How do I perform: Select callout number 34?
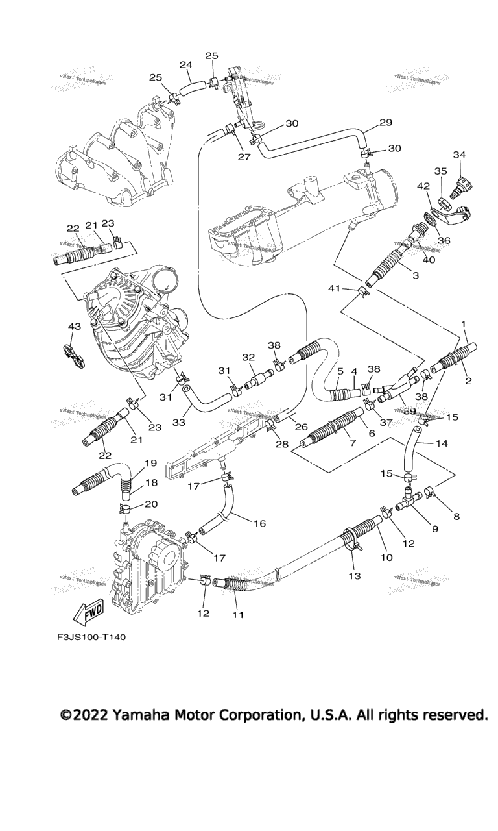tap(459, 155)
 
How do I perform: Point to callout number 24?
tap(185, 65)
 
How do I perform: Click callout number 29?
tap(386, 123)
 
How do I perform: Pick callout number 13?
tap(355, 575)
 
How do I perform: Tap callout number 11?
tap(238, 614)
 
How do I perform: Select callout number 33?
tap(178, 422)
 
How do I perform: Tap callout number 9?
tap(434, 528)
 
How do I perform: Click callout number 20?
tap(151, 504)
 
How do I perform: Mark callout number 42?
tap(423, 186)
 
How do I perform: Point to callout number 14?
tap(442, 444)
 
